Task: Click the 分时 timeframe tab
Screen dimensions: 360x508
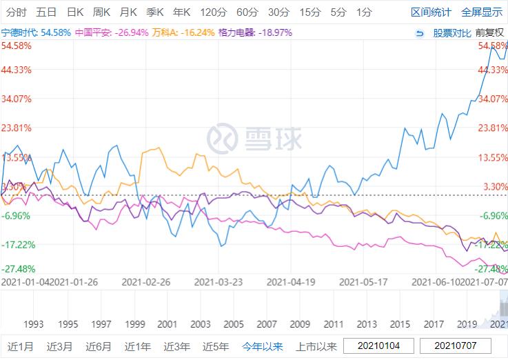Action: point(17,12)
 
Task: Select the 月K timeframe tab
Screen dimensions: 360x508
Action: point(128,12)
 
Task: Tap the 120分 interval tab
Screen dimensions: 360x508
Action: point(214,12)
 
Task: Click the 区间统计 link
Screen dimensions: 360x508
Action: point(431,12)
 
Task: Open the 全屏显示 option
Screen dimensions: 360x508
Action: point(482,12)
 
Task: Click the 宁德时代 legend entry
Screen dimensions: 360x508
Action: point(36,32)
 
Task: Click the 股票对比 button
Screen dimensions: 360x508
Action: point(451,32)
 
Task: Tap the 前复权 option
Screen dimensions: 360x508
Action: point(490,32)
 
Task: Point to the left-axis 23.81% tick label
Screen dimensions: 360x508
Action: point(17,128)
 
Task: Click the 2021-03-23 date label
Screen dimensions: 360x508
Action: point(219,281)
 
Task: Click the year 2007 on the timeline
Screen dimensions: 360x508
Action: point(267,323)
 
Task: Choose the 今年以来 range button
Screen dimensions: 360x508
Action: point(262,346)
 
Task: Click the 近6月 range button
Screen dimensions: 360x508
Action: point(99,346)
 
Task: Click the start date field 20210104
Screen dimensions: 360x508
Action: point(378,346)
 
